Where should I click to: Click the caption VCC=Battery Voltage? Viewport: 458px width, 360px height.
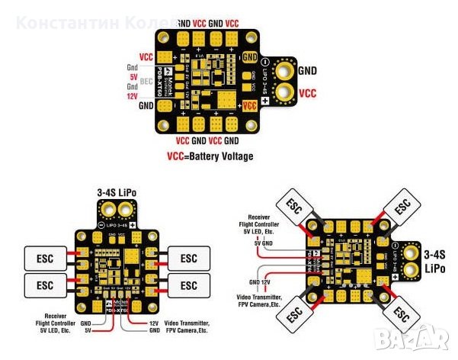[210, 156]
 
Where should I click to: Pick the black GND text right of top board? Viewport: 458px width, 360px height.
[307, 71]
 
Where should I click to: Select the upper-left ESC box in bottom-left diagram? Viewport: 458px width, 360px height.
[45, 257]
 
